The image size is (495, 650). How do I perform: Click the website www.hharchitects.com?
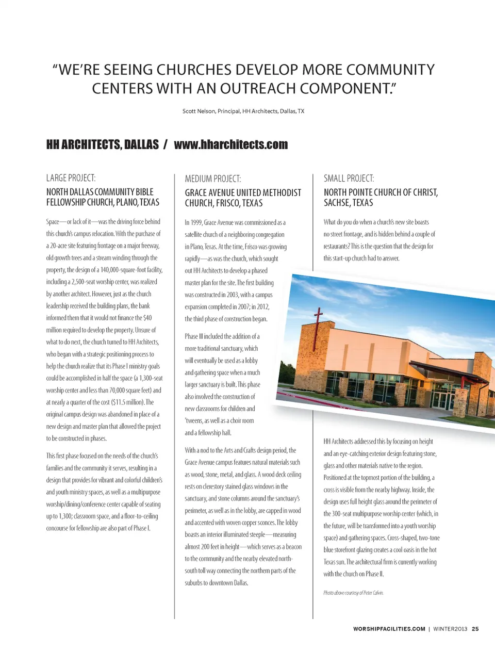coord(230,144)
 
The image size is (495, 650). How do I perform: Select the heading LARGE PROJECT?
coord(71,178)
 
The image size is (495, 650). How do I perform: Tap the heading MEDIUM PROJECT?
coord(213,179)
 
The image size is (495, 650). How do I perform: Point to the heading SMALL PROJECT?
coord(349,178)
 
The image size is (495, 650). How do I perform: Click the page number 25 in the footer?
coord(475,629)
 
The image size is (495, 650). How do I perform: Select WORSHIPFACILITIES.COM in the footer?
coord(389,629)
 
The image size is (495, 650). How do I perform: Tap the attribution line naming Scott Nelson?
coord(243,111)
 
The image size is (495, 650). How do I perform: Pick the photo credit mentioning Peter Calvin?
coord(353,593)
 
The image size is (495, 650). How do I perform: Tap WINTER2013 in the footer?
coord(450,629)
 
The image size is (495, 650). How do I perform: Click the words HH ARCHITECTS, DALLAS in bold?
coord(102,144)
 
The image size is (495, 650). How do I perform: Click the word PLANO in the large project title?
coord(127,202)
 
